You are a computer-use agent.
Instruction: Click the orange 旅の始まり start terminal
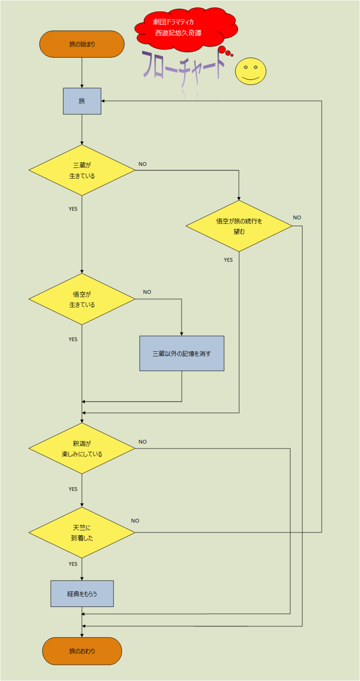[x=82, y=44]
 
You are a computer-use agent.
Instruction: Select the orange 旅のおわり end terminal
[x=82, y=651]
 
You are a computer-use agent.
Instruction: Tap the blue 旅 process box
[x=82, y=101]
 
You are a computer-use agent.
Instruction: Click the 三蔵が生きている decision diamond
[x=82, y=170]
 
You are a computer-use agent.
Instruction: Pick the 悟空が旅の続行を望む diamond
[x=239, y=226]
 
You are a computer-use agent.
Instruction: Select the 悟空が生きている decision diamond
[x=82, y=299]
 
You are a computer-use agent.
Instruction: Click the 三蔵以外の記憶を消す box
[x=182, y=353]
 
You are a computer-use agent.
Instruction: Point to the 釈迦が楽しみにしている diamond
[x=82, y=448]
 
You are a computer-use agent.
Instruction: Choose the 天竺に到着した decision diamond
[x=82, y=533]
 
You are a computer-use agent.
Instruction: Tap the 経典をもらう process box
[x=82, y=593]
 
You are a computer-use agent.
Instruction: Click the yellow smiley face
[x=251, y=71]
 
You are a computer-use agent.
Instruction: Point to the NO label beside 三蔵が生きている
[x=142, y=164]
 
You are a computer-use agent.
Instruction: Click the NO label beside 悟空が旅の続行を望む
[x=297, y=218]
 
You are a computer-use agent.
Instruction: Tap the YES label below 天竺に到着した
[x=73, y=564]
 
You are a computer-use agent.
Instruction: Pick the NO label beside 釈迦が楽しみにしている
[x=142, y=442]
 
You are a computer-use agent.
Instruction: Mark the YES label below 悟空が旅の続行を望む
[x=228, y=260]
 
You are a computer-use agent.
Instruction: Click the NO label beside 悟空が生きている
[x=147, y=292]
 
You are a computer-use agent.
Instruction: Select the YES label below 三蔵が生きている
[x=73, y=209]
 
